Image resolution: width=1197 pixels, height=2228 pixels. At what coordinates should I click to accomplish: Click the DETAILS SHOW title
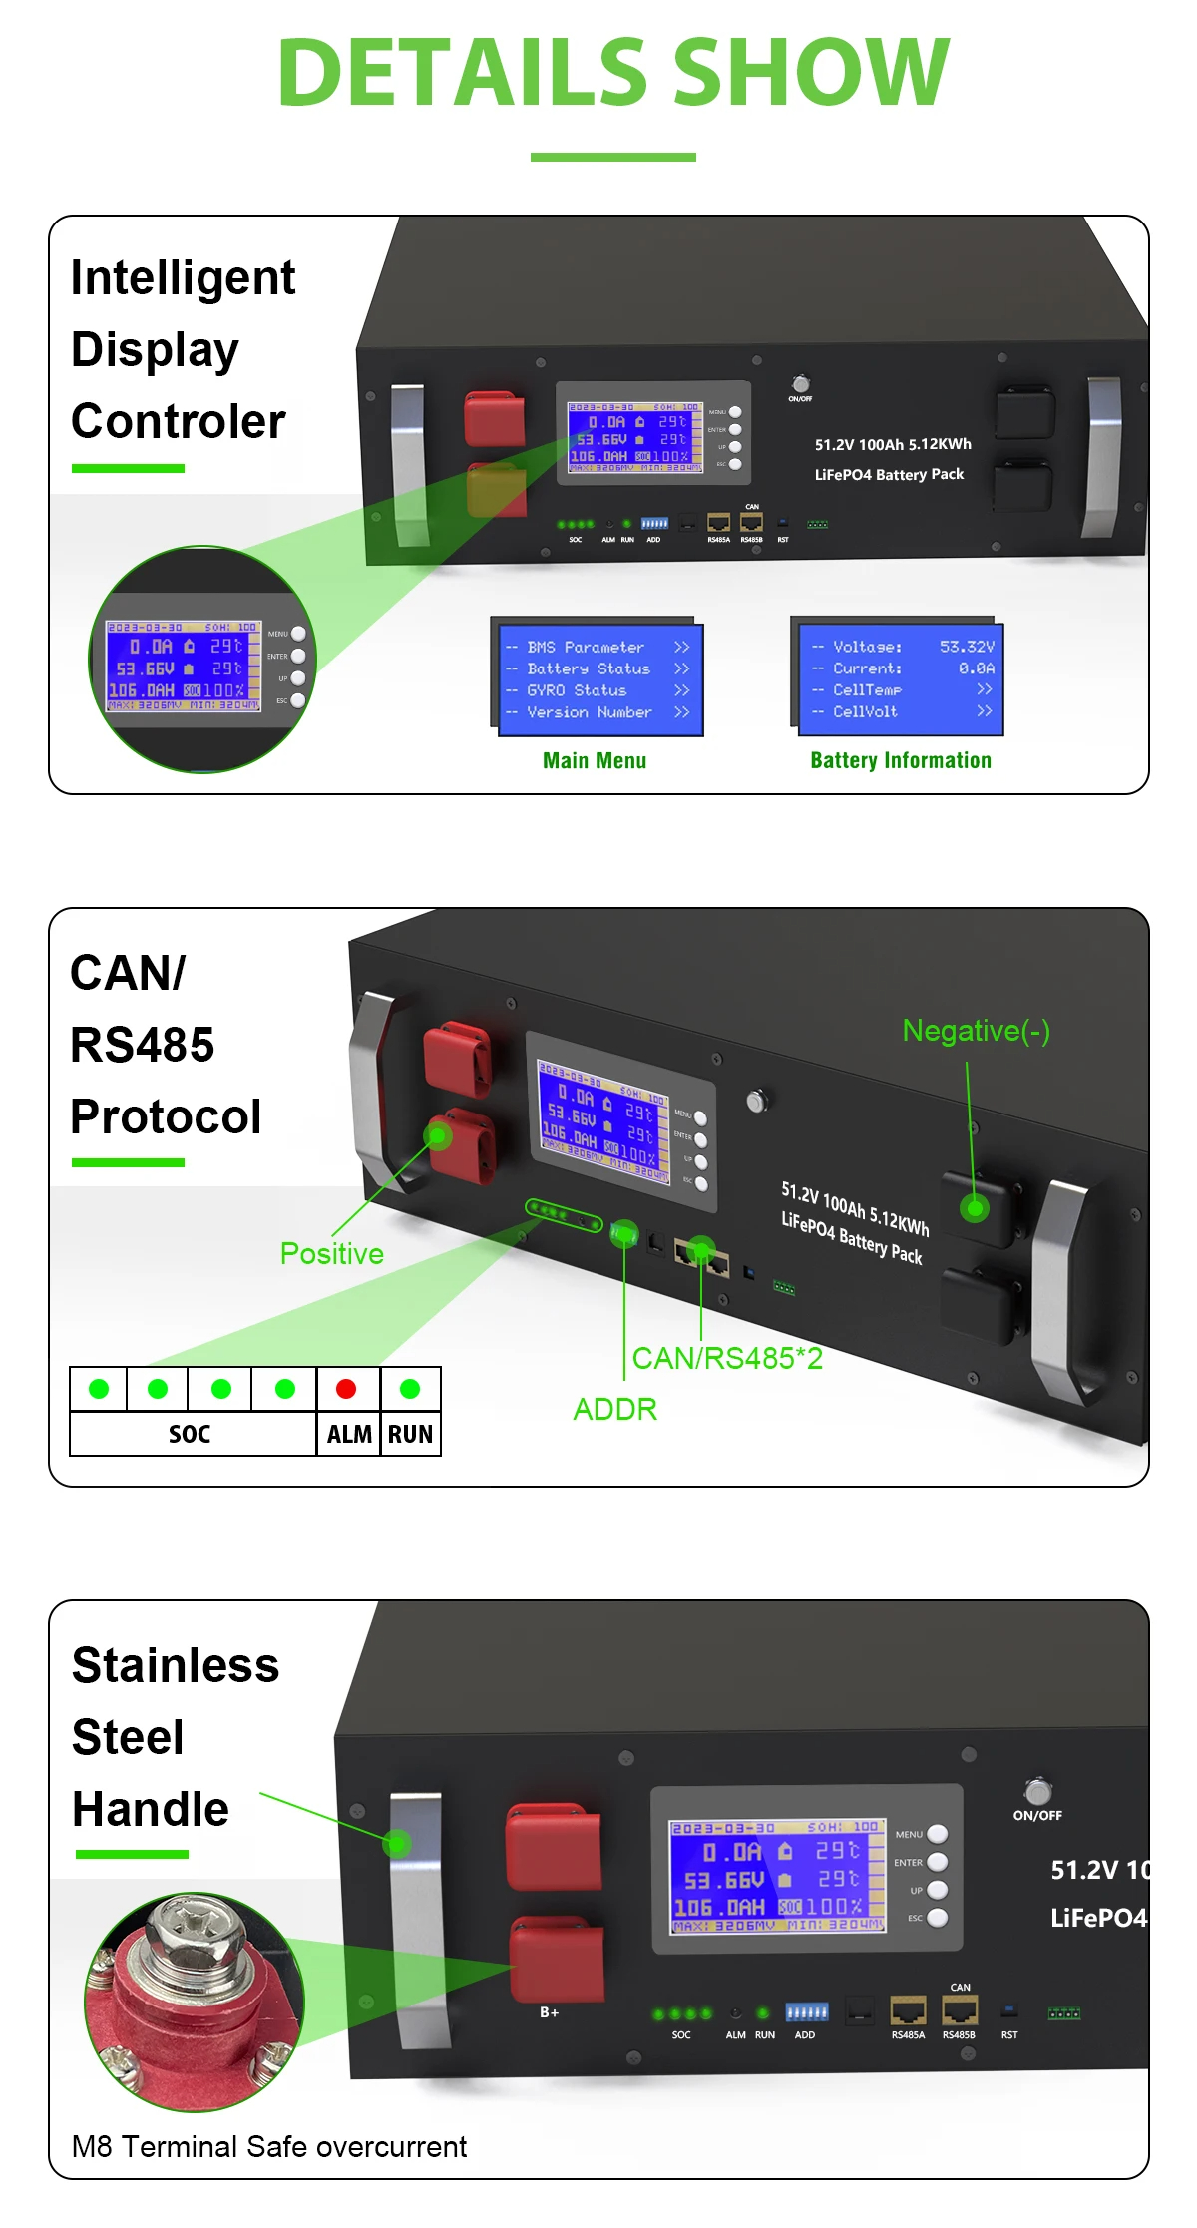pos(612,72)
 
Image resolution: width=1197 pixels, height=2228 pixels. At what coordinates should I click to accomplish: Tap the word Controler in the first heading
pos(178,421)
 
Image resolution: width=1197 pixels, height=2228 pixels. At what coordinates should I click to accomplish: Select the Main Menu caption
pos(595,760)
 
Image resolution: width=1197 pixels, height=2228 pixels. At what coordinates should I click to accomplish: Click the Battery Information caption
pos(901,760)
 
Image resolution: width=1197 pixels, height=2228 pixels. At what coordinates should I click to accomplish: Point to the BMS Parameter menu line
pos(585,647)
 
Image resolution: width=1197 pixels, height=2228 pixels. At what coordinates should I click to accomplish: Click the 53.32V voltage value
pos(966,647)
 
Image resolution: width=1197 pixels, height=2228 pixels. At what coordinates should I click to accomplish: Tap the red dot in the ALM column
pos(346,1389)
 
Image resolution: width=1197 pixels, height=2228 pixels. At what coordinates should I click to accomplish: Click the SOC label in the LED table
pos(190,1434)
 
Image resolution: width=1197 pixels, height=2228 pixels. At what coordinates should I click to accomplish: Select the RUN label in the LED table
pos(410,1434)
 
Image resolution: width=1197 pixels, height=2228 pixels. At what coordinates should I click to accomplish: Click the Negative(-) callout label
pos(976,1031)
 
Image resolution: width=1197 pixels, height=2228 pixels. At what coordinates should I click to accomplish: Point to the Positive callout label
pos(331,1253)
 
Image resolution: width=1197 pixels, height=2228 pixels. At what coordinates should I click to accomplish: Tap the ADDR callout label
pos(614,1409)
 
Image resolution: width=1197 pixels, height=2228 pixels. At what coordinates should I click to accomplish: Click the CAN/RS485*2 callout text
pos(727,1358)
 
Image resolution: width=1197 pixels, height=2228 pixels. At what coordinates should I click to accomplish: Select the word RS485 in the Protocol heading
pos(143,1045)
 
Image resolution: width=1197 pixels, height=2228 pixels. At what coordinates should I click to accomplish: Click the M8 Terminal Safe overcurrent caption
pos(268,2146)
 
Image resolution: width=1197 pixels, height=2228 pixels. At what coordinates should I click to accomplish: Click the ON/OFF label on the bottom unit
pos(1037,1815)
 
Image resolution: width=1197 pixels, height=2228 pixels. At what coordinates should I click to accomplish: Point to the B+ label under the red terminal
pos(549,2012)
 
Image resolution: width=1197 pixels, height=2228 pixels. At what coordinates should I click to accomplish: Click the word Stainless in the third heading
pos(176,1665)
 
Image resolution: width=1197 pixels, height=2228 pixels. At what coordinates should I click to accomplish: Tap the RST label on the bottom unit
pos(1009,2034)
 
